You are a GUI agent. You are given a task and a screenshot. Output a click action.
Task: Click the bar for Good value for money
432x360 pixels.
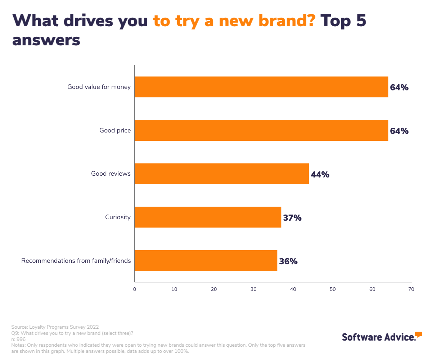pyautogui.click(x=261, y=87)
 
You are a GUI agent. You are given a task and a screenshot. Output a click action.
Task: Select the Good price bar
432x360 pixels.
pyautogui.click(x=261, y=130)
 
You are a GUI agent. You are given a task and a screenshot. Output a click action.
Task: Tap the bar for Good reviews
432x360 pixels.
pyautogui.click(x=222, y=174)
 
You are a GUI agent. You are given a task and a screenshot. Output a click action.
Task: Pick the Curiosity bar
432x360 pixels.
pyautogui.click(x=208, y=217)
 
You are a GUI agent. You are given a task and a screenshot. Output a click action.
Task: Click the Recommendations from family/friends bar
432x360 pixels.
pyautogui.click(x=206, y=261)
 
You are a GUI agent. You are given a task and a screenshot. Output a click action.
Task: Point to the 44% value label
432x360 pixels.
pyautogui.click(x=320, y=175)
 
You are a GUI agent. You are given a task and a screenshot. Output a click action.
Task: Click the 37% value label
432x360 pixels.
pyautogui.click(x=292, y=218)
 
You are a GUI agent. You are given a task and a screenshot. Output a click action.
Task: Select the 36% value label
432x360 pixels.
pyautogui.click(x=288, y=262)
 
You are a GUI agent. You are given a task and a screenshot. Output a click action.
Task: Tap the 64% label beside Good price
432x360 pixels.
pyautogui.click(x=399, y=131)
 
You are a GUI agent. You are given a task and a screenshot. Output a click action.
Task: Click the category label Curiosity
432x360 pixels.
pyautogui.click(x=118, y=217)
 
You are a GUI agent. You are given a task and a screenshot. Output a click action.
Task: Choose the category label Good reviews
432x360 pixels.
pyautogui.click(x=111, y=174)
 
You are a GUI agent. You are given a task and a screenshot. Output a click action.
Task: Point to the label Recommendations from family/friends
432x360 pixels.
pyautogui.click(x=76, y=261)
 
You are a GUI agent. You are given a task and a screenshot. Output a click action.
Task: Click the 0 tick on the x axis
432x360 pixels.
pyautogui.click(x=135, y=289)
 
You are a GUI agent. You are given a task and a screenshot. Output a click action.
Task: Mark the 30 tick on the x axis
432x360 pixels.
pyautogui.click(x=253, y=289)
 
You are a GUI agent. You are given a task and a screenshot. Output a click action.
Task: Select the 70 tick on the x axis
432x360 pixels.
pyautogui.click(x=411, y=289)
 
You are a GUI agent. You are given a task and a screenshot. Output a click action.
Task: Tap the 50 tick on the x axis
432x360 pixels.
pyautogui.click(x=333, y=289)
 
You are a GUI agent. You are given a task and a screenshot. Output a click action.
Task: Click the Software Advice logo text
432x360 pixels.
pyautogui.click(x=378, y=337)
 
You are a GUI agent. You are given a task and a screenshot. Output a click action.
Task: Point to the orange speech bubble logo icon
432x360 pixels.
pyautogui.click(x=418, y=335)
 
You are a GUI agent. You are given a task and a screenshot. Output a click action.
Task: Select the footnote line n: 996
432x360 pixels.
pyautogui.click(x=18, y=339)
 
